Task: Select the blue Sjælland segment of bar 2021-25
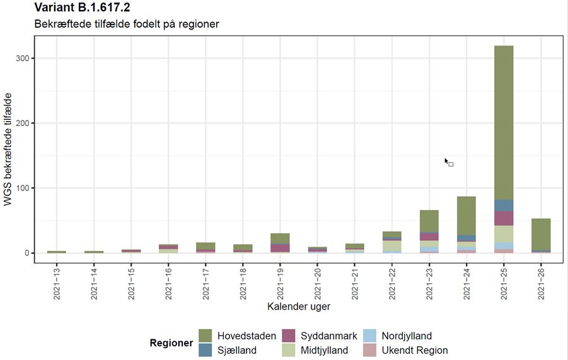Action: (x=503, y=206)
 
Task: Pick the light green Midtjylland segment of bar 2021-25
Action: (x=503, y=234)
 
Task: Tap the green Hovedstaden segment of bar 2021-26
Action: (x=541, y=234)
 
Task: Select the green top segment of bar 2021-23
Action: (x=429, y=221)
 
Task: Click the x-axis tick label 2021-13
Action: (x=57, y=281)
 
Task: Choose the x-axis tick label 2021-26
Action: (x=541, y=281)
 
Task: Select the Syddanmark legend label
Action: (x=327, y=336)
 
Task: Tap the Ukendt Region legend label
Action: (x=415, y=351)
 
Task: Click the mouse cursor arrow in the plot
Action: (x=446, y=161)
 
